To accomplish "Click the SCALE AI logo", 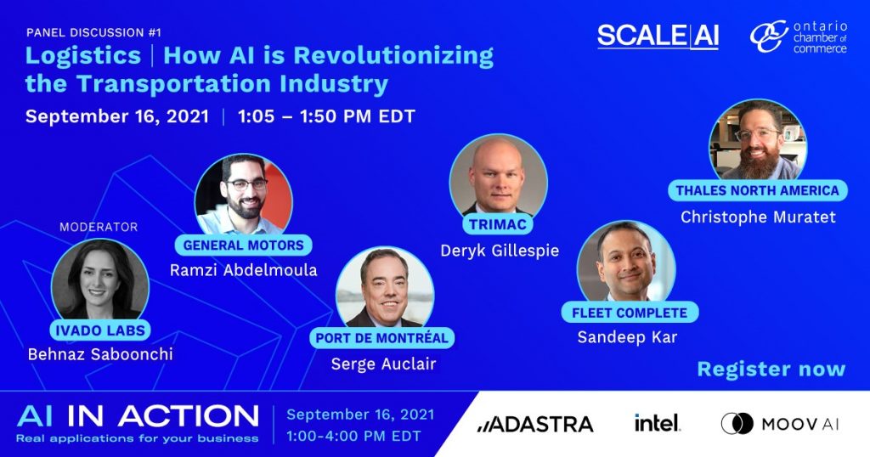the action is click(x=658, y=37).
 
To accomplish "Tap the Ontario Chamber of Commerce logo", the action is click(x=799, y=37).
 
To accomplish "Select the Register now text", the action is click(x=771, y=369).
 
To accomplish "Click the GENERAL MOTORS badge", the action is click(x=244, y=245).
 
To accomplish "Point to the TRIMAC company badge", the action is click(x=498, y=224).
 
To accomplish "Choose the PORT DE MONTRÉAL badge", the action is click(x=381, y=338).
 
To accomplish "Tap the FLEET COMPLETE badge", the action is click(x=630, y=313).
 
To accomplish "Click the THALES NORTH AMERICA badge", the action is click(x=757, y=190).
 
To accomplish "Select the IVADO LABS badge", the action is click(x=100, y=330).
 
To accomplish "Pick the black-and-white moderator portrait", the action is click(x=100, y=281).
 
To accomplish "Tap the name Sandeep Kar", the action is click(x=628, y=337).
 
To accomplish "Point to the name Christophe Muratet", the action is click(x=758, y=217).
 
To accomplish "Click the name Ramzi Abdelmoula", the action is click(x=244, y=270).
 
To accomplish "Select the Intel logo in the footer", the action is click(x=657, y=423).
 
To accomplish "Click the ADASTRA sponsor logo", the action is click(x=535, y=424).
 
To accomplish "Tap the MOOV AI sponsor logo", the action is click(x=780, y=424).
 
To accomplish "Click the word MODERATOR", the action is click(x=99, y=227).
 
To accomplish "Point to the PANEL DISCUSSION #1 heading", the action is click(x=93, y=32).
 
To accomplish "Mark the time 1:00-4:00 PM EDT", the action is click(x=353, y=436).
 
